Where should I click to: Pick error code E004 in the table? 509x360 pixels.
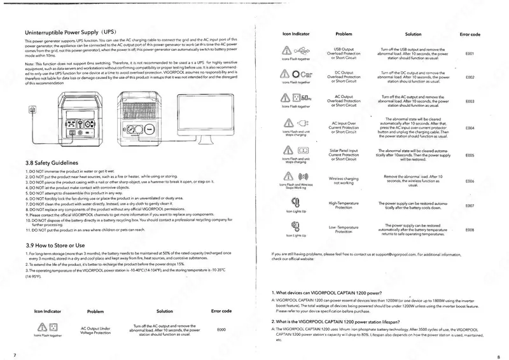tap(470, 128)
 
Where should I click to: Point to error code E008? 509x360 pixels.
tap(470, 229)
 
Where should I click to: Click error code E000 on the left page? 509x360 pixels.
tap(221, 329)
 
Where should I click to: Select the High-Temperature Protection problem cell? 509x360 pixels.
tap(347, 205)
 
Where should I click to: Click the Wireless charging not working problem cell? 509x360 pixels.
tap(347, 182)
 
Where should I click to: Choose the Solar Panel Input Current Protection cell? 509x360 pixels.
tap(347, 155)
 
